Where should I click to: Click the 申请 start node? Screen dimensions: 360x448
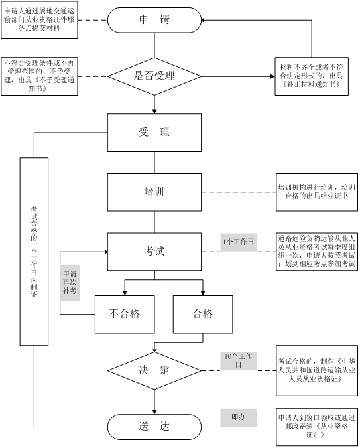tap(154, 20)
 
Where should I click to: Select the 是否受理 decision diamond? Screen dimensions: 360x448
tap(154, 76)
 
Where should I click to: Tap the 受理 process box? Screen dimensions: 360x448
tap(154, 133)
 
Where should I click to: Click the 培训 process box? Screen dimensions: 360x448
tap(154, 192)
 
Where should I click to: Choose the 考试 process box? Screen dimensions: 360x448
tap(154, 252)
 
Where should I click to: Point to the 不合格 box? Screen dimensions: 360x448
tap(125, 315)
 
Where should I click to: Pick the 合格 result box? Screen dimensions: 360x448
tap(203, 315)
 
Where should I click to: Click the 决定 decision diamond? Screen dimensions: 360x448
tap(154, 370)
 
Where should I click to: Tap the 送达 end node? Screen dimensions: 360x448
tap(154, 427)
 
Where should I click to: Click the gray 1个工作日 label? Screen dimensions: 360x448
tap(239, 242)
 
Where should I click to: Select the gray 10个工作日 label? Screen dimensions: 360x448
tap(239, 361)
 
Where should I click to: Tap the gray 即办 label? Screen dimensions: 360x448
tap(239, 417)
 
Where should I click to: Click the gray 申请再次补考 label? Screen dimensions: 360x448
tap(70, 283)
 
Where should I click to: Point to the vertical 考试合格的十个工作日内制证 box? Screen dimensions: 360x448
tap(34, 252)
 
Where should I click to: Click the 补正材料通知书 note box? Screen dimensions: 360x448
tap(312, 76)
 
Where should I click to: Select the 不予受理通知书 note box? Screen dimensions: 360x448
tap(39, 76)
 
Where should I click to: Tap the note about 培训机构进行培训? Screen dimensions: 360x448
tap(317, 192)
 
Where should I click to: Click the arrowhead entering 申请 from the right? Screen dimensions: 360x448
tap(203, 20)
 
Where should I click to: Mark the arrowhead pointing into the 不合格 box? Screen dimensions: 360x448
tap(125, 293)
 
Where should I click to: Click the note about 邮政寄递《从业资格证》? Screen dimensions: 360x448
tap(317, 427)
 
